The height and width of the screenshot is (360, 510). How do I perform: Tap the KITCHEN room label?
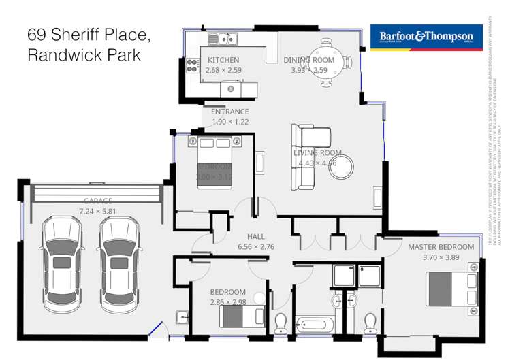pos(224,61)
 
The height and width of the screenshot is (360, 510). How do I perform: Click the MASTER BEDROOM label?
pos(441,247)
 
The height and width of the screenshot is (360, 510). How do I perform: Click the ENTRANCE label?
pos(229,112)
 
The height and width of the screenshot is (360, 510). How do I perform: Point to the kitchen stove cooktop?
pos(191,66)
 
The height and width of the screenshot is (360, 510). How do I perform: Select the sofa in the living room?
pos(304,157)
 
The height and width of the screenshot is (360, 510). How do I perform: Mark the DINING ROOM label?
pos(309,61)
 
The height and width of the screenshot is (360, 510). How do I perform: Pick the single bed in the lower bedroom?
pos(242,315)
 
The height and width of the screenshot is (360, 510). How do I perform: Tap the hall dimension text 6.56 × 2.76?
pos(255,247)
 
